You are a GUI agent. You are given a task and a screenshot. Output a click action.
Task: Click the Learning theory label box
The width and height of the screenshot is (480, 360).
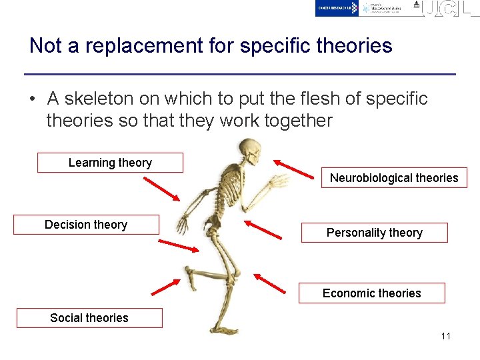pyautogui.click(x=110, y=163)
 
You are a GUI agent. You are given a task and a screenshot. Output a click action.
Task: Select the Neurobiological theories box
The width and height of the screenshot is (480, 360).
pyautogui.click(x=394, y=178)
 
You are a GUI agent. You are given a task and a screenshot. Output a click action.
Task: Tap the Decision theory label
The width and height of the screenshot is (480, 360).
pyautogui.click(x=86, y=225)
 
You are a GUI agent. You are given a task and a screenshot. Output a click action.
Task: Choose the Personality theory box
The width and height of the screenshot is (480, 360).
pyautogui.click(x=374, y=233)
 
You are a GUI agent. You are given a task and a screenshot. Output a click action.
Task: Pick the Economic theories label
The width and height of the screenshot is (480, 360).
pyautogui.click(x=371, y=293)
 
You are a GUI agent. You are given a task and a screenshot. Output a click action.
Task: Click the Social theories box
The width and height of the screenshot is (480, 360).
pyautogui.click(x=89, y=318)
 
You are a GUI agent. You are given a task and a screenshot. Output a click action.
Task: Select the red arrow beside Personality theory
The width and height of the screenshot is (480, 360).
pyautogui.click(x=263, y=229)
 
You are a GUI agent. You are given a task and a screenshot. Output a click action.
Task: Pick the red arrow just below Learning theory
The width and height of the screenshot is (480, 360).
pyautogui.click(x=161, y=188)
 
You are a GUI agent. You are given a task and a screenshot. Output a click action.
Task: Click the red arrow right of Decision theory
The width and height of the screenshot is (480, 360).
pyautogui.click(x=180, y=241)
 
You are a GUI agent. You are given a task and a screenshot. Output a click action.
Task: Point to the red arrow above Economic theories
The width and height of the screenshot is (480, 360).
pyautogui.click(x=269, y=283)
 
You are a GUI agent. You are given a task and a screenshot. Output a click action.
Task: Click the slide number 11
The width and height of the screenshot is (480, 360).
pyautogui.click(x=445, y=336)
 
